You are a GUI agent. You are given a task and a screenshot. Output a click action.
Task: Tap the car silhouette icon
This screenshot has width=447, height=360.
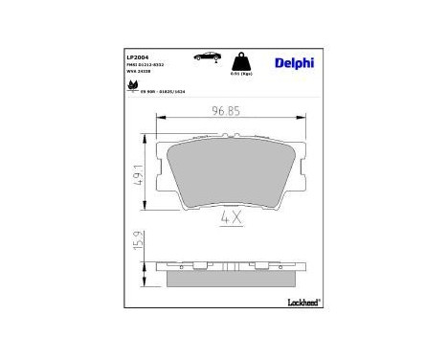point(204,56)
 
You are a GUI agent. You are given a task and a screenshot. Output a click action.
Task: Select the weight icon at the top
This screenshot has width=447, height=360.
point(245,60)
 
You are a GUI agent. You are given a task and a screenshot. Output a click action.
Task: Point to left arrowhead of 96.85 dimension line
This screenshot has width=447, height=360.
point(159,117)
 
